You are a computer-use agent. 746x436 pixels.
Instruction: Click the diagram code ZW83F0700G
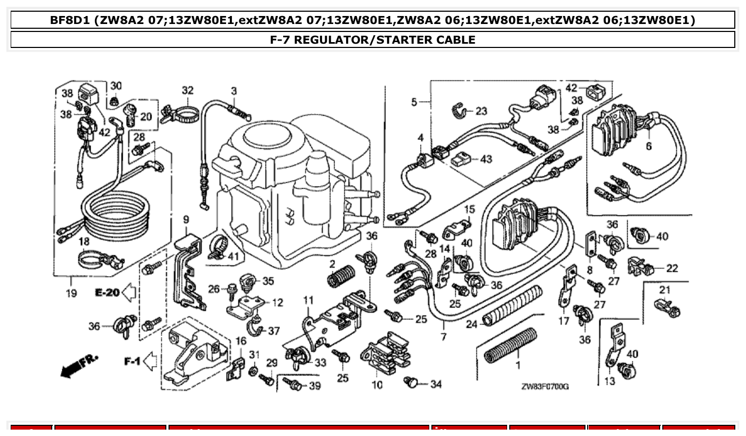(x=544, y=386)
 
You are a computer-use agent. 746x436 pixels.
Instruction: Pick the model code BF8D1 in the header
(x=70, y=20)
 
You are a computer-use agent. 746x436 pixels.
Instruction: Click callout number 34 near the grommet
(x=436, y=384)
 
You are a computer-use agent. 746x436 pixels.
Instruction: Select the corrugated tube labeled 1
(x=510, y=345)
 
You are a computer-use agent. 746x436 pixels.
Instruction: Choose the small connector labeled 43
(x=461, y=159)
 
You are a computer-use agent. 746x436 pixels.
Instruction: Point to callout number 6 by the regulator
(x=648, y=146)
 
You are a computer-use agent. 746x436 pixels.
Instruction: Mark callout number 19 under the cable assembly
(x=71, y=293)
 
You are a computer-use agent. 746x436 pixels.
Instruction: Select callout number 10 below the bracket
(x=377, y=384)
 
